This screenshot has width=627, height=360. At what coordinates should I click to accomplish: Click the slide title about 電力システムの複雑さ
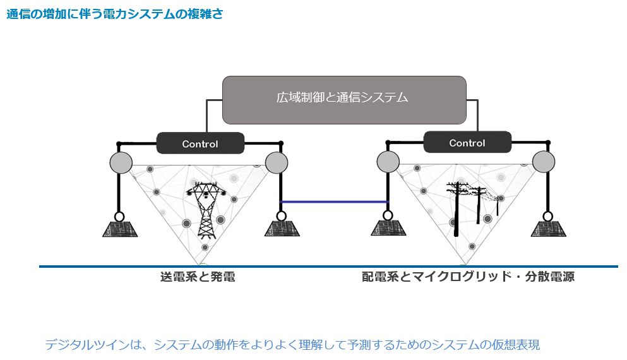click(115, 14)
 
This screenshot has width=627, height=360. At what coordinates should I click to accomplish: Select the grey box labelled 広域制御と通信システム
click(344, 100)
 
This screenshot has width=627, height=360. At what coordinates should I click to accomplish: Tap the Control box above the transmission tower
click(200, 143)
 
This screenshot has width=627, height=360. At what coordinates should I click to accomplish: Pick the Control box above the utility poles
click(467, 142)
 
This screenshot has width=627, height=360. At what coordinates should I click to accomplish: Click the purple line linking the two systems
click(334, 202)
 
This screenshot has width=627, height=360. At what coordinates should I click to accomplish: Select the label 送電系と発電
click(198, 277)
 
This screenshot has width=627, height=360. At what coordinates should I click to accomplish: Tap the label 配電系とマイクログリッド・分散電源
click(468, 277)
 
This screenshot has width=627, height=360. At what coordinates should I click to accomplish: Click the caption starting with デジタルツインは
click(292, 344)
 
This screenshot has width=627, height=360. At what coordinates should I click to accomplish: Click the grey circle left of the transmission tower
click(121, 163)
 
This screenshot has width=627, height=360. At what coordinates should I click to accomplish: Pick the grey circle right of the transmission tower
click(277, 163)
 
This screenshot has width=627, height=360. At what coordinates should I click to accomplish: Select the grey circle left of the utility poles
click(388, 162)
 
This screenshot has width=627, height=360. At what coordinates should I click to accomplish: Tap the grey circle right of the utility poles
click(544, 162)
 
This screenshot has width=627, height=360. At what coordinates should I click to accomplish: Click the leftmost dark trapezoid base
click(120, 229)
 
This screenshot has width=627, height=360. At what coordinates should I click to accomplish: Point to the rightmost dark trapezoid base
click(548, 229)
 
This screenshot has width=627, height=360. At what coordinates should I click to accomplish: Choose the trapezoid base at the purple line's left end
click(282, 229)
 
